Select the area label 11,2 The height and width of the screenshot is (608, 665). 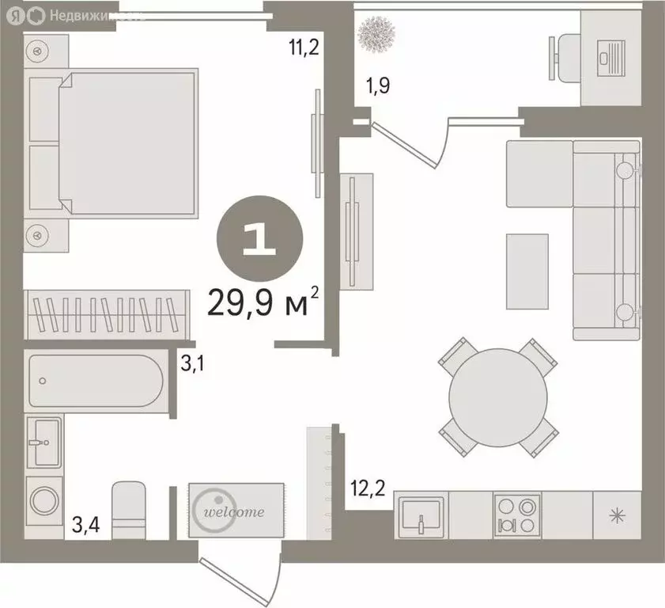[302, 48]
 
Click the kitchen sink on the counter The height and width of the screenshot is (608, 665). [421, 515]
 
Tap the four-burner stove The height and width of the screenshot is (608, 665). [517, 515]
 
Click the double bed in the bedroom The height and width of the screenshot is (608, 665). [127, 143]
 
